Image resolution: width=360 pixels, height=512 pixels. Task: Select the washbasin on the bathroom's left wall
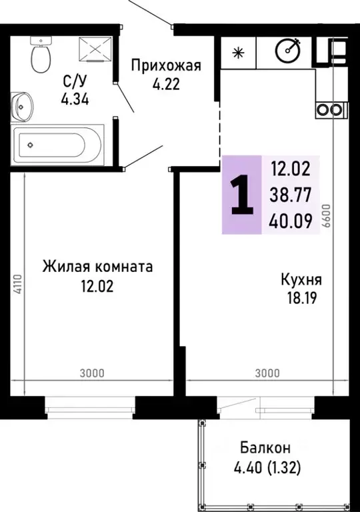coord(22,104)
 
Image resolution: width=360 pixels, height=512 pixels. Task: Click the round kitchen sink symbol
coord(289,51)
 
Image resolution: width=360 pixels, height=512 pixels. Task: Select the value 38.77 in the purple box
coord(286,195)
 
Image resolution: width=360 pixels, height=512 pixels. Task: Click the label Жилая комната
coord(97,267)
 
